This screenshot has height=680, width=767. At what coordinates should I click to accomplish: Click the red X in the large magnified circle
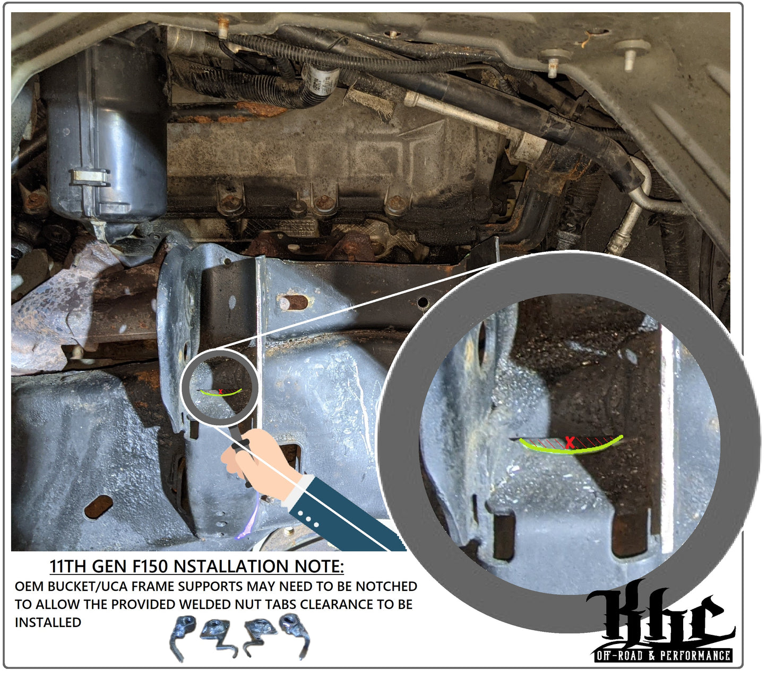[570, 442]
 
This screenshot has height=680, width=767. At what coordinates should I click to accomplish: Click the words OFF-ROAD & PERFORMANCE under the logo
[663, 656]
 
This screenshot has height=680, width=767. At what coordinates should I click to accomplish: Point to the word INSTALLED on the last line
[48, 622]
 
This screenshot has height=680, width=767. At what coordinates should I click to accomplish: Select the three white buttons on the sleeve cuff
[308, 519]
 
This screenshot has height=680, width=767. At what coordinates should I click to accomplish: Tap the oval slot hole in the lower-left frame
[98, 507]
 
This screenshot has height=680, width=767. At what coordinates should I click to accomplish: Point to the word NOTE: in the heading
[318, 566]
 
